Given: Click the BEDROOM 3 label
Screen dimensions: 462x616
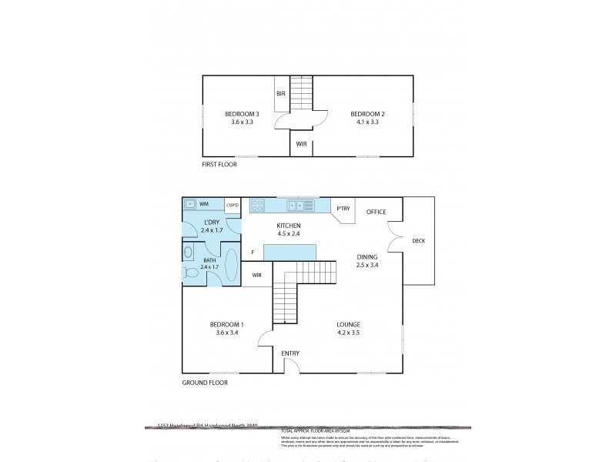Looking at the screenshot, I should click(242, 114).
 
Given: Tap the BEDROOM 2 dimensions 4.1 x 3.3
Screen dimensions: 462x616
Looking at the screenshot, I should click(366, 122).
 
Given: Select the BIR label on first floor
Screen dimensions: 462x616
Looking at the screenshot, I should click(281, 94).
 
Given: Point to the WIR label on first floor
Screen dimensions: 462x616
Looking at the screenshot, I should click(302, 143).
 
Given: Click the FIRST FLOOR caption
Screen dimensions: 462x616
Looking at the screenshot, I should click(219, 165).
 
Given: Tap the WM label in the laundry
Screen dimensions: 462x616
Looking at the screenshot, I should click(204, 205).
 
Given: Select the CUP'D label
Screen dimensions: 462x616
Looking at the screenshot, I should click(232, 205).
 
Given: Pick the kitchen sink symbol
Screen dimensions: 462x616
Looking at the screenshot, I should click(300, 206).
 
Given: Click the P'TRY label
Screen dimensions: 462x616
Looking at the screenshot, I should click(342, 208).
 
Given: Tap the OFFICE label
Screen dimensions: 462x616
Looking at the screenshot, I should click(376, 212).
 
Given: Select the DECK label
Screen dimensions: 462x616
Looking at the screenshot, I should click(418, 241).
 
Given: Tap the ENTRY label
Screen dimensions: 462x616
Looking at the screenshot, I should click(290, 353).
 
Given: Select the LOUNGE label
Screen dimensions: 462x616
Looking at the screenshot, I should click(348, 324).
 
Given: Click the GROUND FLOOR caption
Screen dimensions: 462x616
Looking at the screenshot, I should click(205, 383).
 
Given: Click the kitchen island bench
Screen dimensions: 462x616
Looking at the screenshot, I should click(290, 253).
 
